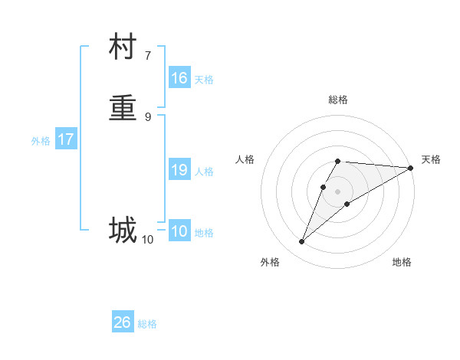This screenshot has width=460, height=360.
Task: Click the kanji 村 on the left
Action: (123, 47)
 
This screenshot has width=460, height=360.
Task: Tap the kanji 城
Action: (123, 229)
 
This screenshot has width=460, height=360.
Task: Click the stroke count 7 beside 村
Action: (148, 56)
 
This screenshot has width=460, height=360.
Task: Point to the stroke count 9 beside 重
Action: (148, 116)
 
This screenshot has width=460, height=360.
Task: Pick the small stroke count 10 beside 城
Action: (147, 240)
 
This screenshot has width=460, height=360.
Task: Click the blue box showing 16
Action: (179, 78)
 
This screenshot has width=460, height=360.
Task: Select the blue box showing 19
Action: (179, 170)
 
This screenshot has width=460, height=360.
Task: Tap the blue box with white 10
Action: (179, 231)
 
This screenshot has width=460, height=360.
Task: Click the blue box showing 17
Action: (66, 139)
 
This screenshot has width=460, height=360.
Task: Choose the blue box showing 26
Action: (123, 322)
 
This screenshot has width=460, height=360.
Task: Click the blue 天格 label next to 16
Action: (204, 80)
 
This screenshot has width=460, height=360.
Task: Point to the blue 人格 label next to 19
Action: (204, 172)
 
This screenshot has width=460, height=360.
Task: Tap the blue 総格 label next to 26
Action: (147, 324)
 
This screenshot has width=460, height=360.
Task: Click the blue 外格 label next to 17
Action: (41, 141)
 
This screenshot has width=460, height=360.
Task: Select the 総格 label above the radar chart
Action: (338, 100)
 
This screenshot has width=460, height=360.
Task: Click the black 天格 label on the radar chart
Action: (431, 159)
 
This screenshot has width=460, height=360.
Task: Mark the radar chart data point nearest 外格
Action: (302, 242)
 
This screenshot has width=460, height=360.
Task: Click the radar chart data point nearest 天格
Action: (410, 168)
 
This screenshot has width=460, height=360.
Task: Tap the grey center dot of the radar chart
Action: (338, 191)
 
